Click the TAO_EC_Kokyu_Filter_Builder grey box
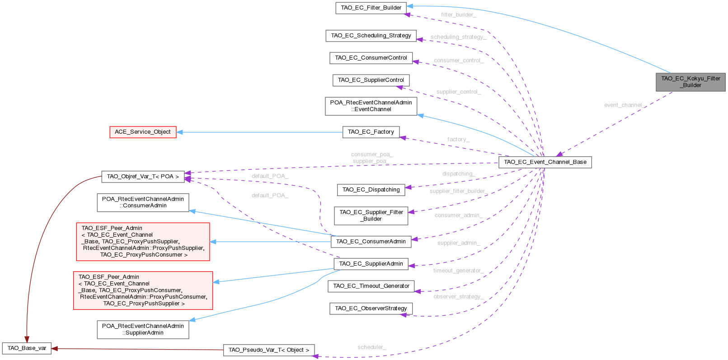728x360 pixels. coord(690,82)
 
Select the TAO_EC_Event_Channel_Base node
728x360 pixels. coord(545,162)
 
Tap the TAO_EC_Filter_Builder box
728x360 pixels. coord(371,8)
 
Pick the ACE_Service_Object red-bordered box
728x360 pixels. coord(143,132)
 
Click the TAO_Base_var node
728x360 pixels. coord(27,348)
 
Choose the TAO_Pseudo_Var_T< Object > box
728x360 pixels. coord(269,350)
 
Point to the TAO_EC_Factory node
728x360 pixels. coord(371,132)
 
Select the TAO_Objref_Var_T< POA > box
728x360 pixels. coord(143,177)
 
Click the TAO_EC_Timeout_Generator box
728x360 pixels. coord(371,286)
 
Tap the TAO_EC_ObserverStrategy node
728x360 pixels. coord(371,309)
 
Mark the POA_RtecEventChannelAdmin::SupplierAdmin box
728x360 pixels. coord(143,329)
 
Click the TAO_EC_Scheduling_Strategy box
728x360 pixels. coord(371,36)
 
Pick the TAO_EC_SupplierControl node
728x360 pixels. coord(371,80)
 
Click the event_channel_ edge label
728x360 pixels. coord(624,105)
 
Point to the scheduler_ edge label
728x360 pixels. coord(371,347)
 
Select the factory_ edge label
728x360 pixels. coord(458,140)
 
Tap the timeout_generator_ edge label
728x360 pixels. coord(458,271)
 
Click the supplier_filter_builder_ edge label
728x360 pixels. coord(458,192)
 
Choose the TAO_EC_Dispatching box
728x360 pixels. coord(371,190)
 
